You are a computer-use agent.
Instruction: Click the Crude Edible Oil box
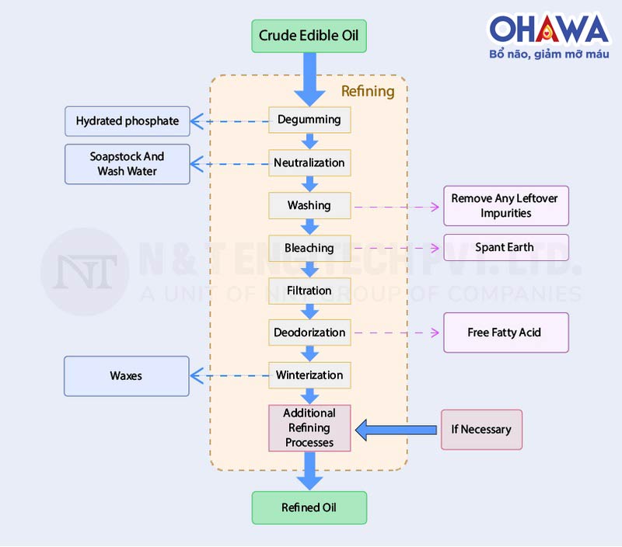point(309,36)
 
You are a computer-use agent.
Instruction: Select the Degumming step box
point(309,120)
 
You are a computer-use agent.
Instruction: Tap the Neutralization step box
point(309,162)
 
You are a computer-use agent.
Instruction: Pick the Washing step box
point(309,205)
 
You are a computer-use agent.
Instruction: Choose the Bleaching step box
point(309,248)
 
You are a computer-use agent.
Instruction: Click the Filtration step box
point(309,291)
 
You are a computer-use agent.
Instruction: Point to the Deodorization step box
point(309,333)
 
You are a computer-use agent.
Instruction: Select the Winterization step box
point(309,375)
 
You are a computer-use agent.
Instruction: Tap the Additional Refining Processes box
point(309,428)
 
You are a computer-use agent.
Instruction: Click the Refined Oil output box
point(309,507)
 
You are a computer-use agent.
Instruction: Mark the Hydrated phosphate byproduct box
point(128,121)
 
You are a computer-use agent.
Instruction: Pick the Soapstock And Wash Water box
point(128,164)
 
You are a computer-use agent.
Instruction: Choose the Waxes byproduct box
point(126,376)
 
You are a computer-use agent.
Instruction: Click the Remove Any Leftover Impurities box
point(505,206)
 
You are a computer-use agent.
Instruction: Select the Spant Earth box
point(505,248)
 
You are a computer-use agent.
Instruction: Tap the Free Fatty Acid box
point(505,333)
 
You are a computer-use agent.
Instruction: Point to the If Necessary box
point(481,430)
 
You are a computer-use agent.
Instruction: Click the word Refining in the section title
point(368,91)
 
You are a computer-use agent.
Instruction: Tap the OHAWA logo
point(549,30)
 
